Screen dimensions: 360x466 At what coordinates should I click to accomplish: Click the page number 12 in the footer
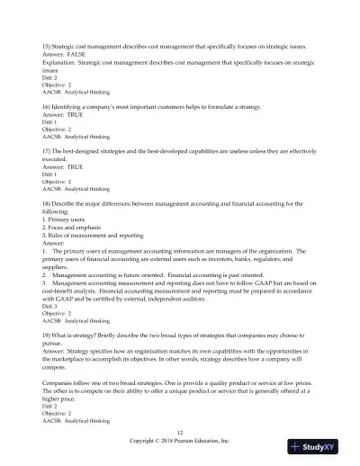[180, 433]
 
